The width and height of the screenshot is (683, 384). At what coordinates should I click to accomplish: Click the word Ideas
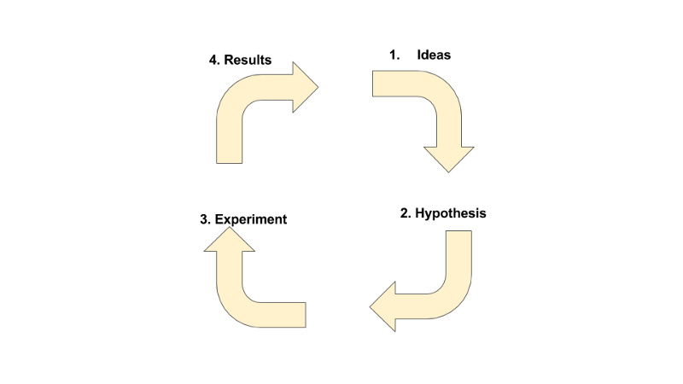pyautogui.click(x=434, y=55)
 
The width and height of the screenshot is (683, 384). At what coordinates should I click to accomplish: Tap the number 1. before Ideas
pyautogui.click(x=394, y=55)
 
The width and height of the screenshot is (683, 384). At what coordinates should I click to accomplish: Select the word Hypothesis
pyautogui.click(x=451, y=213)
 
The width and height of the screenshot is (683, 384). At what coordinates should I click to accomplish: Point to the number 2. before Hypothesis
pyautogui.click(x=406, y=213)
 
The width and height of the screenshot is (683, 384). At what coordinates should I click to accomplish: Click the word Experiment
pyautogui.click(x=251, y=219)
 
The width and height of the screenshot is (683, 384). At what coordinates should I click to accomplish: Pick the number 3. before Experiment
pyautogui.click(x=205, y=219)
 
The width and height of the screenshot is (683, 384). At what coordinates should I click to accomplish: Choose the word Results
pyautogui.click(x=248, y=61)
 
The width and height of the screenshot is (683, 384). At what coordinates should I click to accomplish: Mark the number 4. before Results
pyautogui.click(x=214, y=61)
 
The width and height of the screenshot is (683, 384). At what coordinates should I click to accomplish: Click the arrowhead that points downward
pyautogui.click(x=448, y=158)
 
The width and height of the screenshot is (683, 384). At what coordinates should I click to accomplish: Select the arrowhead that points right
pyautogui.click(x=304, y=86)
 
